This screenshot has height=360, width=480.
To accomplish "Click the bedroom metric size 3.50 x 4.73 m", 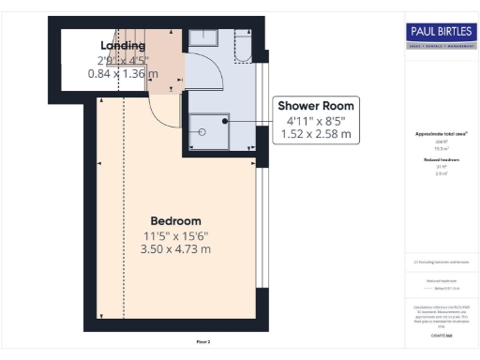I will pyautogui.click(x=175, y=248).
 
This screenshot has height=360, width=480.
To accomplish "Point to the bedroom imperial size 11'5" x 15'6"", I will pyautogui.click(x=175, y=235).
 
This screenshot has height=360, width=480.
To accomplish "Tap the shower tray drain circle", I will pyautogui.click(x=201, y=132).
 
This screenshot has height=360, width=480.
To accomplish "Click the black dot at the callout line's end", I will pyautogui.click(x=225, y=120).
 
